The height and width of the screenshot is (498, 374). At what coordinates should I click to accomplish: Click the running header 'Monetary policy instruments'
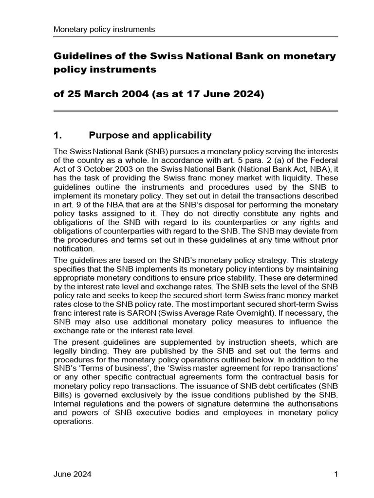pos(104,29)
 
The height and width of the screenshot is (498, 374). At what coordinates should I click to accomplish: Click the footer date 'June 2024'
pos(72,475)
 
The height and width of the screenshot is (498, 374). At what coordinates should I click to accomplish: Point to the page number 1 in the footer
pos(336,475)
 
